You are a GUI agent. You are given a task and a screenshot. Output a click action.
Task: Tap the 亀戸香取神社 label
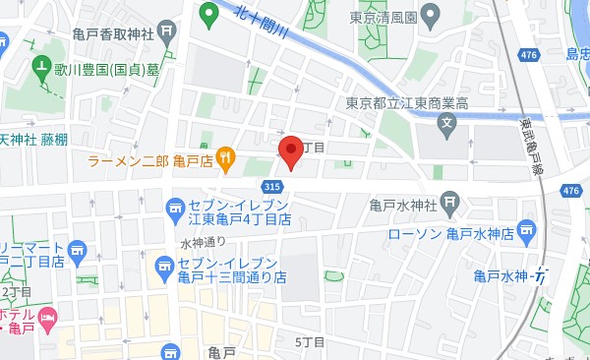(113, 33)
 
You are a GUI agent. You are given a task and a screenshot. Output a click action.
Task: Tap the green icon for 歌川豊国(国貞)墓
(41, 70)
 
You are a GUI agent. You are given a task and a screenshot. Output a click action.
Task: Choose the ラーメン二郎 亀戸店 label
(149, 159)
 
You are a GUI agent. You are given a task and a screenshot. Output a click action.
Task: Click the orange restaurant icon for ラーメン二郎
(226, 157)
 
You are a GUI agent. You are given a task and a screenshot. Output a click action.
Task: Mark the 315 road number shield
(274, 187)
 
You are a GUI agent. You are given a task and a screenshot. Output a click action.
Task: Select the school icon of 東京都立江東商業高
(447, 125)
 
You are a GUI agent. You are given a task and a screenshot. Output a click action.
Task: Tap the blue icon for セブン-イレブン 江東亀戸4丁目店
(176, 208)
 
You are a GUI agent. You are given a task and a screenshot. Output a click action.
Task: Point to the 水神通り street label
(204, 242)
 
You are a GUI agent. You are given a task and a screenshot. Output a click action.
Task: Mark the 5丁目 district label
(311, 341)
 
